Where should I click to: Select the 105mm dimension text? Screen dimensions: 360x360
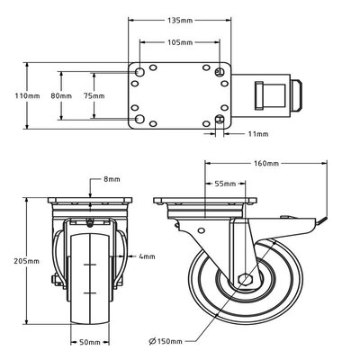tap(180, 42)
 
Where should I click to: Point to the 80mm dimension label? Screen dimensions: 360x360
tap(61, 94)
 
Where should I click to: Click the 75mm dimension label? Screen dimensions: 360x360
tap(93, 94)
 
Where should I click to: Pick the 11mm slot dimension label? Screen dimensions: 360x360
tap(256, 134)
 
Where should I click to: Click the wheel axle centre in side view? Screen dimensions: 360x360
tap(244, 279)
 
